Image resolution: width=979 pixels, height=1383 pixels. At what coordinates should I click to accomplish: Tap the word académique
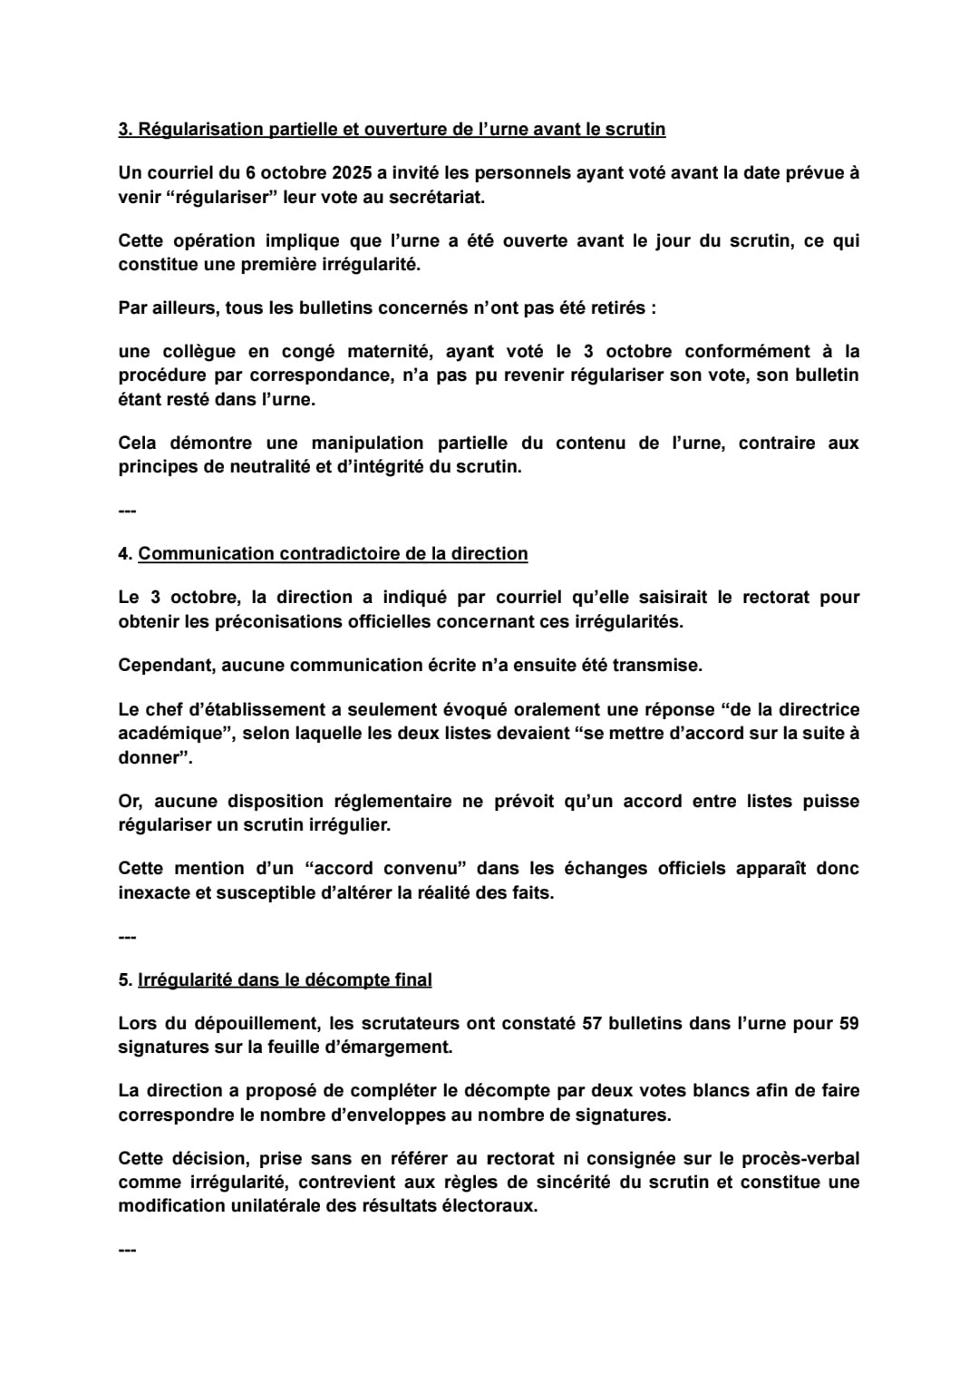click(x=170, y=733)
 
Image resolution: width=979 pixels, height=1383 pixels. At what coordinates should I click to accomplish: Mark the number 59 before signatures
click(x=848, y=1023)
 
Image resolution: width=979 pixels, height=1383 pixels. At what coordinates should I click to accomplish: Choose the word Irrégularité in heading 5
click(x=183, y=979)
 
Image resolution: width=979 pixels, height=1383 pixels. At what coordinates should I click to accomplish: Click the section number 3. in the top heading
click(x=125, y=130)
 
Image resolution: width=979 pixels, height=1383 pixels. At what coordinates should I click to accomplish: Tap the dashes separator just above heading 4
click(x=127, y=511)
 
